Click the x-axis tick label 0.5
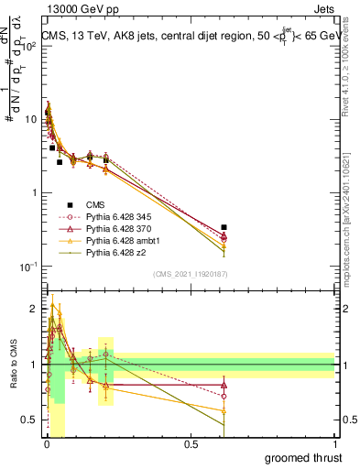pos(191,443)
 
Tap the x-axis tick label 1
pos(335,443)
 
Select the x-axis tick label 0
pos(46,443)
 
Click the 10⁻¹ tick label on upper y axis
pos(28,267)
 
